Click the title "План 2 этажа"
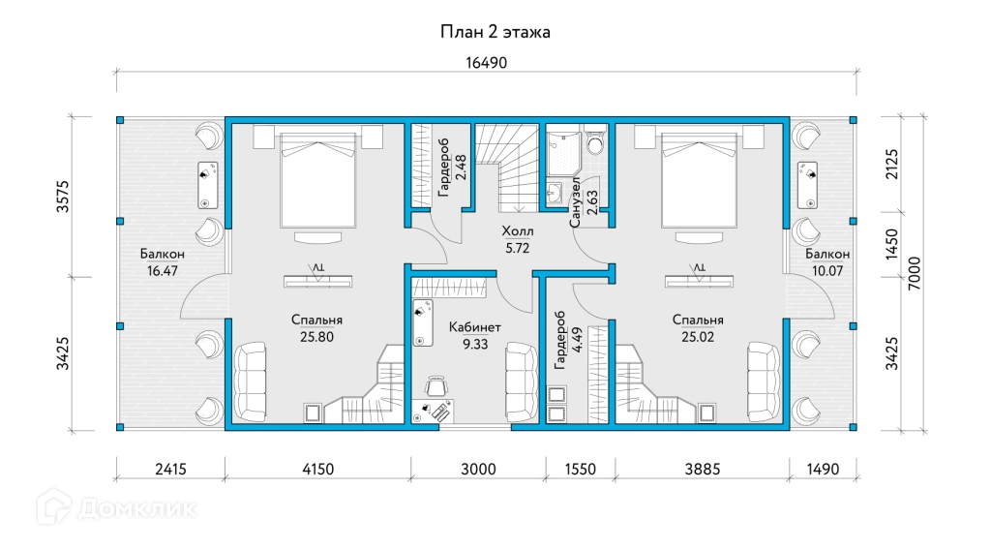click(x=495, y=32)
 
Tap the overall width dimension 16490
click(x=486, y=63)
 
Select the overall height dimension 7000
click(x=915, y=274)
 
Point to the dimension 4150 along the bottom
click(x=317, y=469)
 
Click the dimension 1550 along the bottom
click(x=581, y=469)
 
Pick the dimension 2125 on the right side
click(x=891, y=164)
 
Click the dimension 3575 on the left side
click(x=63, y=197)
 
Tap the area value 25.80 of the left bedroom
click(x=316, y=337)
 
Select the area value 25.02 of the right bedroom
click(x=698, y=337)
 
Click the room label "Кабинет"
click(x=474, y=327)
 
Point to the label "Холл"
click(x=517, y=230)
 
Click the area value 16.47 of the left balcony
click(x=163, y=270)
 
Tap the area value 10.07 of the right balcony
click(x=827, y=270)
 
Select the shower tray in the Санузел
click(x=564, y=153)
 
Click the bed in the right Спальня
click(x=699, y=179)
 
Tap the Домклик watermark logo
click(x=117, y=507)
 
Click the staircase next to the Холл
click(x=506, y=168)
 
